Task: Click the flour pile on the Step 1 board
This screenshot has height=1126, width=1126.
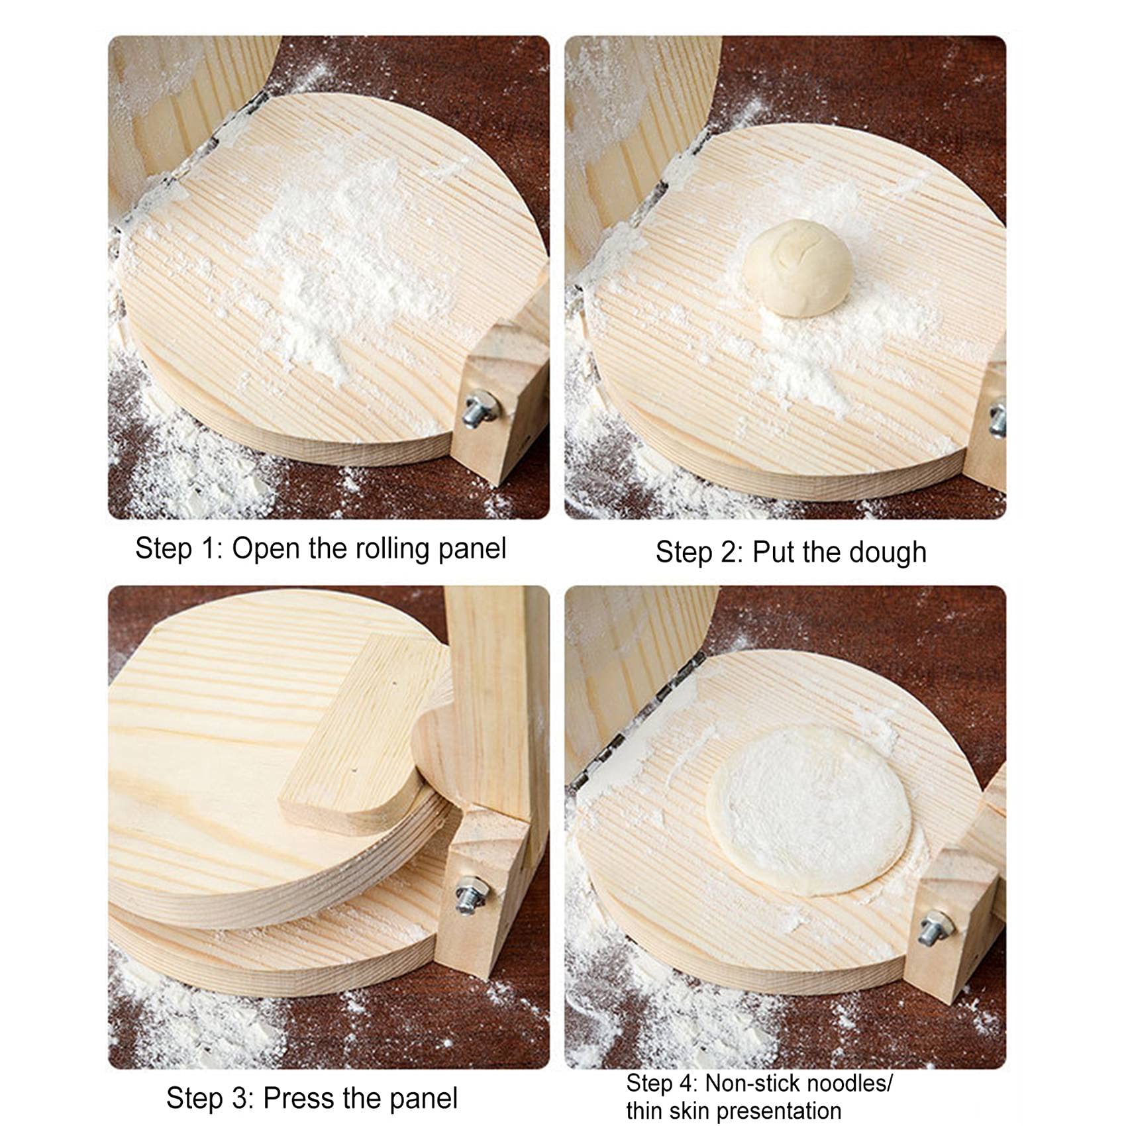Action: coord(331,265)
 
